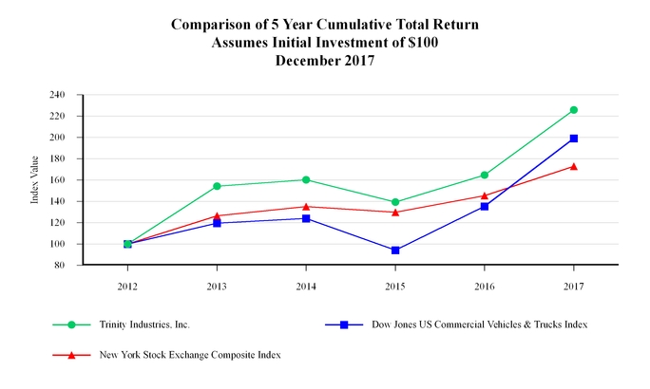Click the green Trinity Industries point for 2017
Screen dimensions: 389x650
pos(573,110)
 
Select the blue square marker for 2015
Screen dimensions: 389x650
pos(395,250)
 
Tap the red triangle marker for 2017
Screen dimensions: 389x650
pos(573,166)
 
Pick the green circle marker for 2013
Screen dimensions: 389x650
pos(217,186)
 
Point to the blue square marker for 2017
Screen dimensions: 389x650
pos(573,139)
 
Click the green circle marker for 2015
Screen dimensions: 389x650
pos(395,202)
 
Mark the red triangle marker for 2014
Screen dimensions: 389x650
pos(306,206)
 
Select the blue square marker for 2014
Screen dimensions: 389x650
pos(306,218)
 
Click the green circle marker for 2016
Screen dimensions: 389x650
pos(485,175)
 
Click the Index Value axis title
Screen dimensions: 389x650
pos(35,180)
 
